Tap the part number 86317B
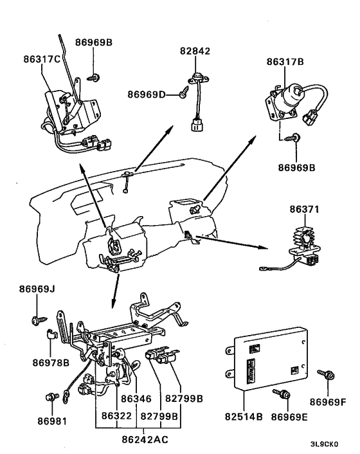pos(285,63)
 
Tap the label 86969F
pos(330,403)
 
